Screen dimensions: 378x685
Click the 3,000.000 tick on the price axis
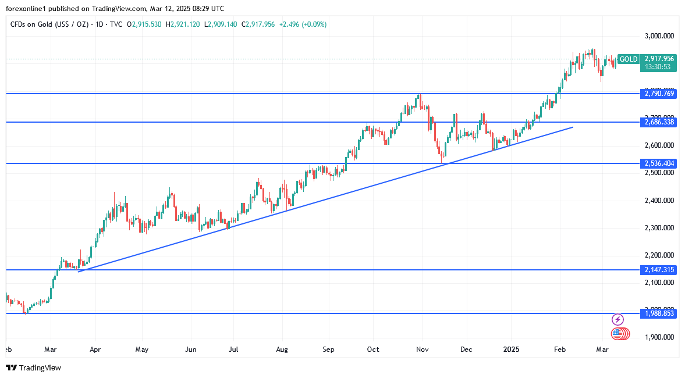click(x=659, y=36)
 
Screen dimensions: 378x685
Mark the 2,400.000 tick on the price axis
click(x=659, y=201)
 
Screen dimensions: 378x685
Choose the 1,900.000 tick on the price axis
click(x=659, y=337)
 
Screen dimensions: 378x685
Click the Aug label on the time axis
click(x=282, y=350)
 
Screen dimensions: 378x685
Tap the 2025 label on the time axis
click(x=511, y=350)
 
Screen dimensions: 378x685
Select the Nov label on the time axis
click(x=423, y=350)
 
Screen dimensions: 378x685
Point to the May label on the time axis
click(x=142, y=350)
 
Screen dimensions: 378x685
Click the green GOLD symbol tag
click(x=628, y=59)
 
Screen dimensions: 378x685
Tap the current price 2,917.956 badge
click(x=659, y=59)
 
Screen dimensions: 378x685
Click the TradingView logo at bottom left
click(x=33, y=368)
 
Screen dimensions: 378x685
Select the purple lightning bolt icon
click(x=618, y=319)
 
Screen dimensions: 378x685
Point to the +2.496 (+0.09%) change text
click(x=303, y=24)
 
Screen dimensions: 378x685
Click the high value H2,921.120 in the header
click(x=183, y=24)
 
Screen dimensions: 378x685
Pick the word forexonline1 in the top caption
click(x=26, y=9)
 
